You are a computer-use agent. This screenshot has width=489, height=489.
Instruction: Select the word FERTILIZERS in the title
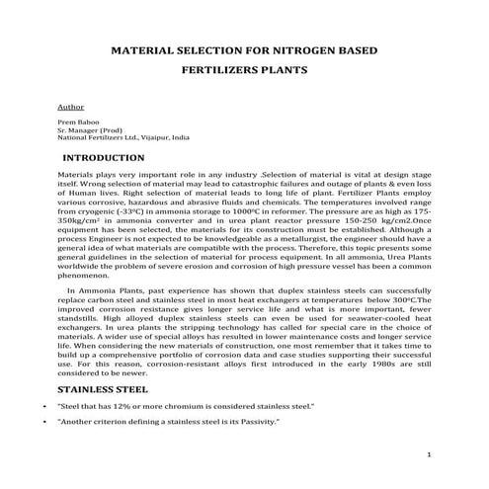click(220, 71)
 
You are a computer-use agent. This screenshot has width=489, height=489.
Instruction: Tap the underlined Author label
click(71, 104)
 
